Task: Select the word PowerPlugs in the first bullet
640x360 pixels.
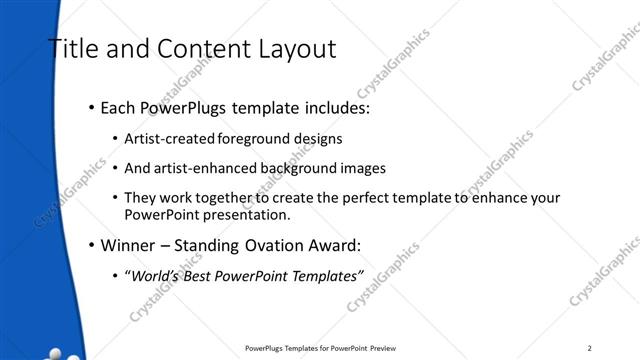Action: pos(183,106)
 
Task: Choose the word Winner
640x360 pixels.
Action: pos(124,244)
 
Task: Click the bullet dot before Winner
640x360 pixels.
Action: pos(92,244)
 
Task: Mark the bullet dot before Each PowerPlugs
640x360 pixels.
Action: pos(92,106)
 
